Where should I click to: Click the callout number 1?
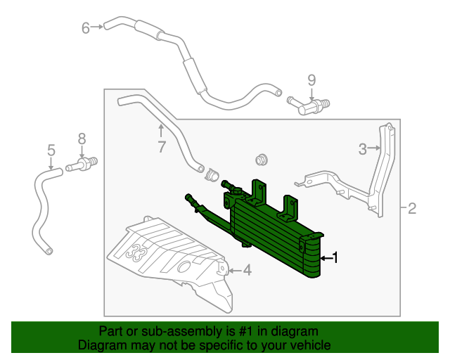click(335, 258)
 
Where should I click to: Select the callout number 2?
click(413, 208)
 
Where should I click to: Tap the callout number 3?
click(363, 148)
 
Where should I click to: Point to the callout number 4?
click(247, 269)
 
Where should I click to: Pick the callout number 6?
click(86, 28)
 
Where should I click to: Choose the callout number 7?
click(161, 147)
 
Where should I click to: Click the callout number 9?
click(311, 79)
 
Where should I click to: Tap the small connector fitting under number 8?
click(82, 166)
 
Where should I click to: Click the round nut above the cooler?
click(262, 159)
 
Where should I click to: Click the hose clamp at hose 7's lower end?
click(210, 172)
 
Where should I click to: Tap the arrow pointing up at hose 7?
click(161, 131)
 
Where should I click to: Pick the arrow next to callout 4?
click(233, 269)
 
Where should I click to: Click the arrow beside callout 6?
click(98, 28)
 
